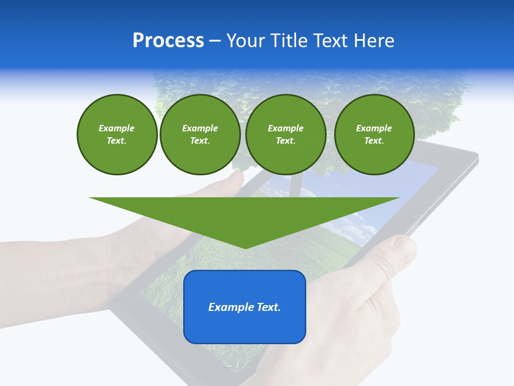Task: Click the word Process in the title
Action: pyautogui.click(x=168, y=41)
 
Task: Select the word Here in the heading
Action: pyautogui.click(x=373, y=41)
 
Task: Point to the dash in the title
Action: pyautogui.click(x=215, y=41)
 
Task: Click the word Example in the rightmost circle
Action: pyautogui.click(x=374, y=128)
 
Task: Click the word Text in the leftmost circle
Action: pyautogui.click(x=117, y=141)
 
